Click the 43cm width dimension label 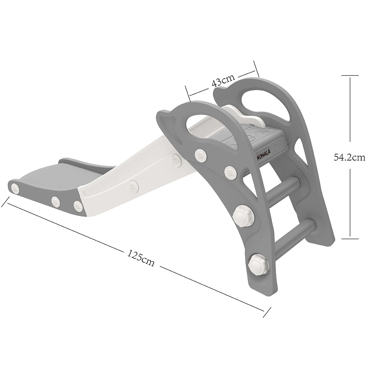[x=223, y=80]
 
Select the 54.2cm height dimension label [x=350, y=157]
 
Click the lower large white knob [x=257, y=264]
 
